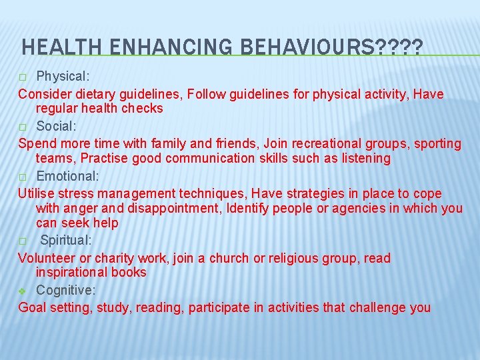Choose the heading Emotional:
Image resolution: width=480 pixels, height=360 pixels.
[x=67, y=176]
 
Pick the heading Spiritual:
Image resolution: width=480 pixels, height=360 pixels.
[x=67, y=240]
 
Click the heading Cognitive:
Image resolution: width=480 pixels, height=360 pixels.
[x=65, y=290]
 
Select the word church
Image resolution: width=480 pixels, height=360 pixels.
[x=229, y=258]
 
